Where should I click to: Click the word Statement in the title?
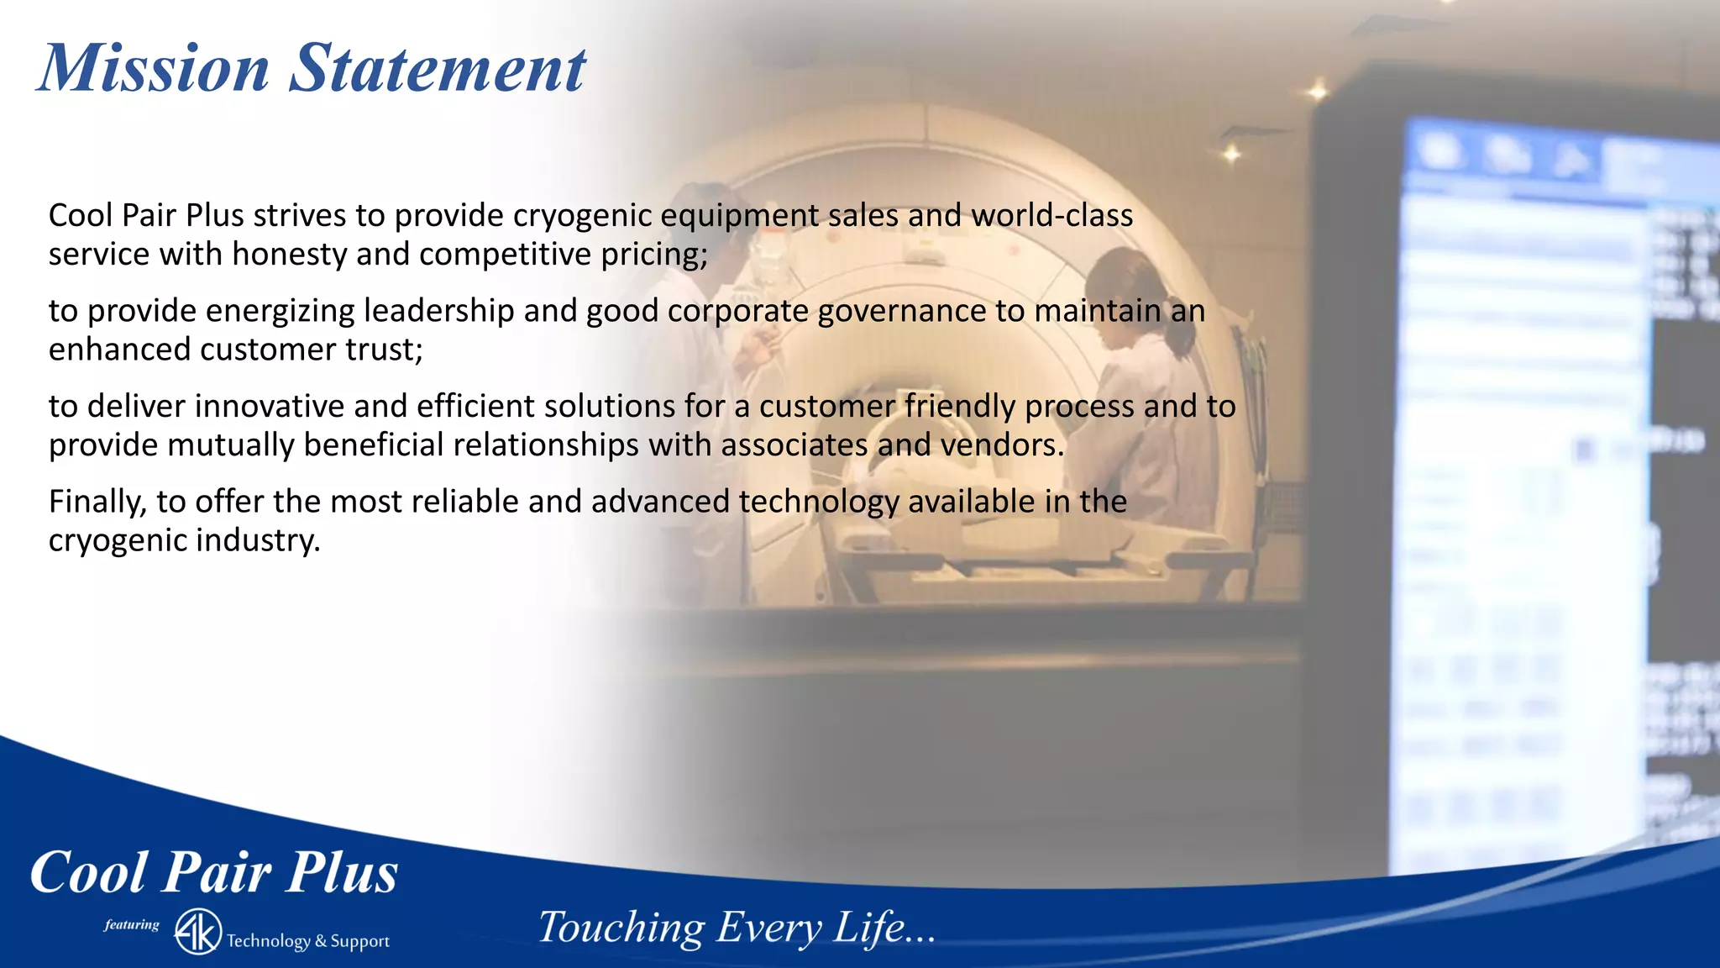pyautogui.click(x=437, y=69)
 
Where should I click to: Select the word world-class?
pyautogui.click(x=1051, y=216)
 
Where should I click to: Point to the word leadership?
pyautogui.click(x=438, y=312)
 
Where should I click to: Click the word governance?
pyautogui.click(x=901, y=312)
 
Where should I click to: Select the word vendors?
pyautogui.click(x=1001, y=445)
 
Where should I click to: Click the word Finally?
pyautogui.click(x=97, y=502)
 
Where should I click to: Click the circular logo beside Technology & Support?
pyautogui.click(x=198, y=932)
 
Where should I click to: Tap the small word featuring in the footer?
pyautogui.click(x=132, y=925)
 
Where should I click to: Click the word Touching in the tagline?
pyautogui.click(x=621, y=929)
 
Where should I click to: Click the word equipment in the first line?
pyautogui.click(x=739, y=216)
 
